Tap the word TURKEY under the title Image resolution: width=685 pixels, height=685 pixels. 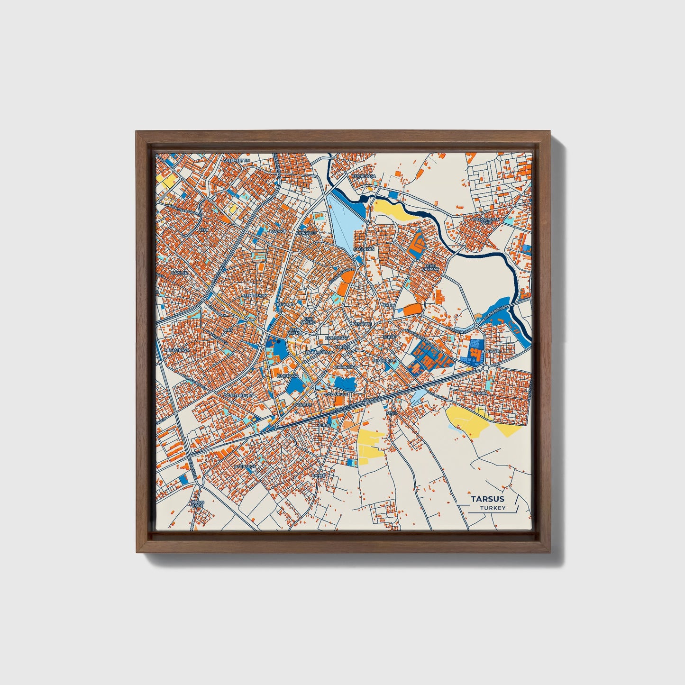pos(493,508)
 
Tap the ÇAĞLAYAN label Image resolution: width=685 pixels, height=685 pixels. pos(367,248)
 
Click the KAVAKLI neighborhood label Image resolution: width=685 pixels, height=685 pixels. pos(279,231)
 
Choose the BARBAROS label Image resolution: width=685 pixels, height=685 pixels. pos(245,466)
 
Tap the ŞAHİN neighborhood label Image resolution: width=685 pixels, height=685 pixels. pos(481,393)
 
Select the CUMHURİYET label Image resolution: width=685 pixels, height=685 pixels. pos(384,361)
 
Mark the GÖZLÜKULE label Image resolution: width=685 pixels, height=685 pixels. pos(336,394)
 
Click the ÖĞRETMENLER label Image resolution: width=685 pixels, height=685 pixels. pos(239,395)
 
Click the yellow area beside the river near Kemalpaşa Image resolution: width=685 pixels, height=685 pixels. pos(391,209)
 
